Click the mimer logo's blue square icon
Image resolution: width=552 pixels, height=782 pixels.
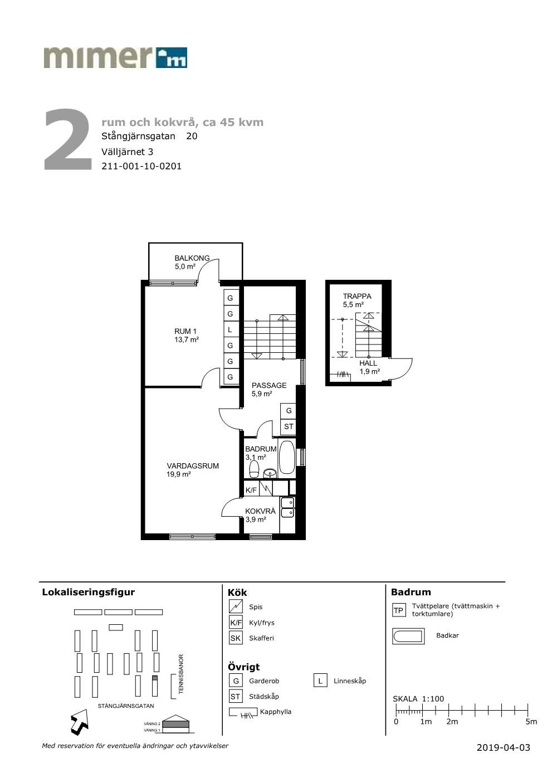172,57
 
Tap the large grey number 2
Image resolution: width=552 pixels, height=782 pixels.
68,139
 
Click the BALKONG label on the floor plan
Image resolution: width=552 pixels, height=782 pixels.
192,258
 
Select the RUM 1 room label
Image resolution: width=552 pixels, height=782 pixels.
185,331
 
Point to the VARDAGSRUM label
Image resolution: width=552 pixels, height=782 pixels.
193,466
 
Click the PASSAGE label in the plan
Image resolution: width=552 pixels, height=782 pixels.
269,385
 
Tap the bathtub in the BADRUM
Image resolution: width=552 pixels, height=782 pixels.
287,458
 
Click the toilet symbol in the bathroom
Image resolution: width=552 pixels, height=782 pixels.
253,469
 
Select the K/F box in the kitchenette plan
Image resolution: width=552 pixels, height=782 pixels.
251,490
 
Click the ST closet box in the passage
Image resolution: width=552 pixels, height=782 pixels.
288,426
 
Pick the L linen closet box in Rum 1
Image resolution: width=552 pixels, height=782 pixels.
231,329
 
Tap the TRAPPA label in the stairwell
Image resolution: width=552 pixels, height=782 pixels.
356,296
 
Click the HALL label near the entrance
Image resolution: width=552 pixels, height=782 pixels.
368,363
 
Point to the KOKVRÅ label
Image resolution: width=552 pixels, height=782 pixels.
260,511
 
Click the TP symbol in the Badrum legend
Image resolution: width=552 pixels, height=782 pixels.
398,610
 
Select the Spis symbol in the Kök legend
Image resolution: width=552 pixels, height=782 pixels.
236,606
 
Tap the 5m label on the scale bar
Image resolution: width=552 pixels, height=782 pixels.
531,722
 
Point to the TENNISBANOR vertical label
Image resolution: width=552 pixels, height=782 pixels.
180,674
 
